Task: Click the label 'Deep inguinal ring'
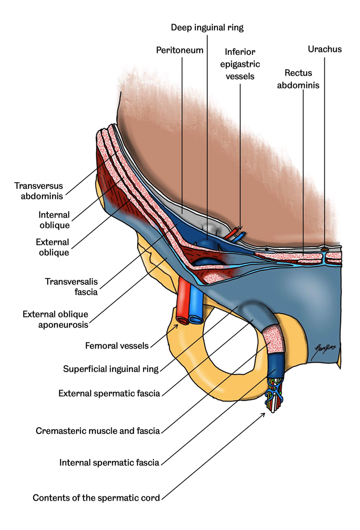207,27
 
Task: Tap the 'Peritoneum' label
180,50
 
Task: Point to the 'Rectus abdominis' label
298,79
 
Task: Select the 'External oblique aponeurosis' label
55,319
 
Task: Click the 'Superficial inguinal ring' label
111,369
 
